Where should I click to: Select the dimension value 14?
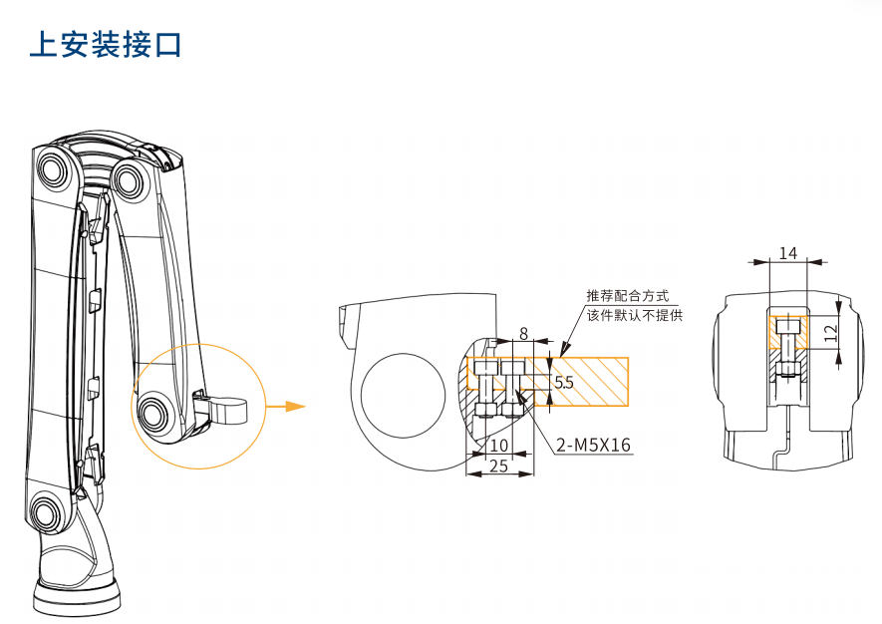pyautogui.click(x=788, y=253)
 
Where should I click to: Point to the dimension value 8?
pyautogui.click(x=523, y=335)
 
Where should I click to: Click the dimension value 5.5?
pyautogui.click(x=564, y=382)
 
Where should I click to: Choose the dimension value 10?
pyautogui.click(x=499, y=445)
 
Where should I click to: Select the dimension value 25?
pyautogui.click(x=499, y=466)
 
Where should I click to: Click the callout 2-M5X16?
pyautogui.click(x=593, y=445)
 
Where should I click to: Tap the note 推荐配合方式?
pyautogui.click(x=627, y=297)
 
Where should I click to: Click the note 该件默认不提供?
pyautogui.click(x=634, y=315)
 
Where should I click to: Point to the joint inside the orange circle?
pyautogui.click(x=154, y=411)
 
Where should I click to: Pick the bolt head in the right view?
pyautogui.click(x=788, y=327)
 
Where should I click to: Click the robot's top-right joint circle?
pyautogui.click(x=129, y=180)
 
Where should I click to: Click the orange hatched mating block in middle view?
pyautogui.click(x=588, y=381)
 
